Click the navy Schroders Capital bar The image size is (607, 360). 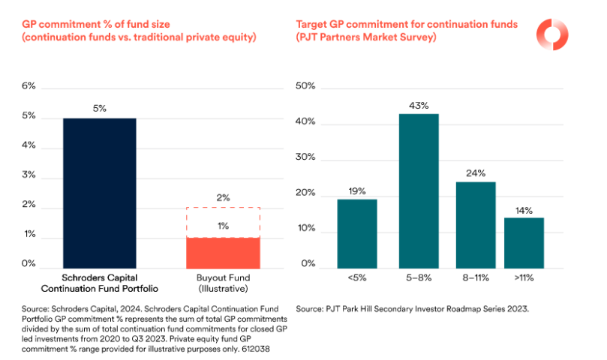click(100, 193)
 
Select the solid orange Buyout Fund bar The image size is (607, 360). click(222, 253)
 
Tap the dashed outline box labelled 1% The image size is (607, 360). click(222, 223)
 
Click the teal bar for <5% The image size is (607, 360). click(356, 233)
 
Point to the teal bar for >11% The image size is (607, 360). click(523, 242)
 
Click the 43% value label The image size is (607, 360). click(419, 106)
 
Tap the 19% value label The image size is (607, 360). click(356, 191)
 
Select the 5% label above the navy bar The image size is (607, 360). click(100, 109)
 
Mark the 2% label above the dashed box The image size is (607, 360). click(222, 197)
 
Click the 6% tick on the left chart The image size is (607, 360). click(29, 86)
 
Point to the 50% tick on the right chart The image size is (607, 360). click(306, 87)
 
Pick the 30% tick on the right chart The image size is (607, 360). click(306, 159)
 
